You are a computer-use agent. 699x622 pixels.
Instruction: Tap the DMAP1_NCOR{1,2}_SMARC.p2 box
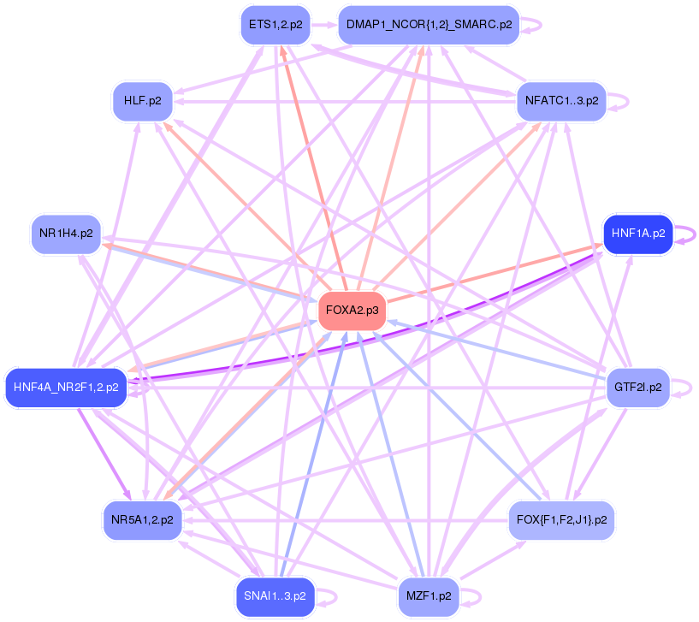pos(429,25)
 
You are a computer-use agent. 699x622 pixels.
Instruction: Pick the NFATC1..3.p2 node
pos(561,101)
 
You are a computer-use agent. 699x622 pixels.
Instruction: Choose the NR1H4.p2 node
pos(66,233)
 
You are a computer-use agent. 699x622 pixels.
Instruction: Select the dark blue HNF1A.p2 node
pos(637,233)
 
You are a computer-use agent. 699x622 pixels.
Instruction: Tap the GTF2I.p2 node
pos(637,387)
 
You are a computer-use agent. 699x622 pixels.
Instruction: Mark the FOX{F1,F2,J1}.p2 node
pos(561,518)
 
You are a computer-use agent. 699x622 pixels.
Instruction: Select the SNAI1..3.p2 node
pos(275,595)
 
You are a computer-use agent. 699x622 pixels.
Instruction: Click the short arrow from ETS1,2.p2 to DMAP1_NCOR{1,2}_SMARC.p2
pos(323,25)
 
